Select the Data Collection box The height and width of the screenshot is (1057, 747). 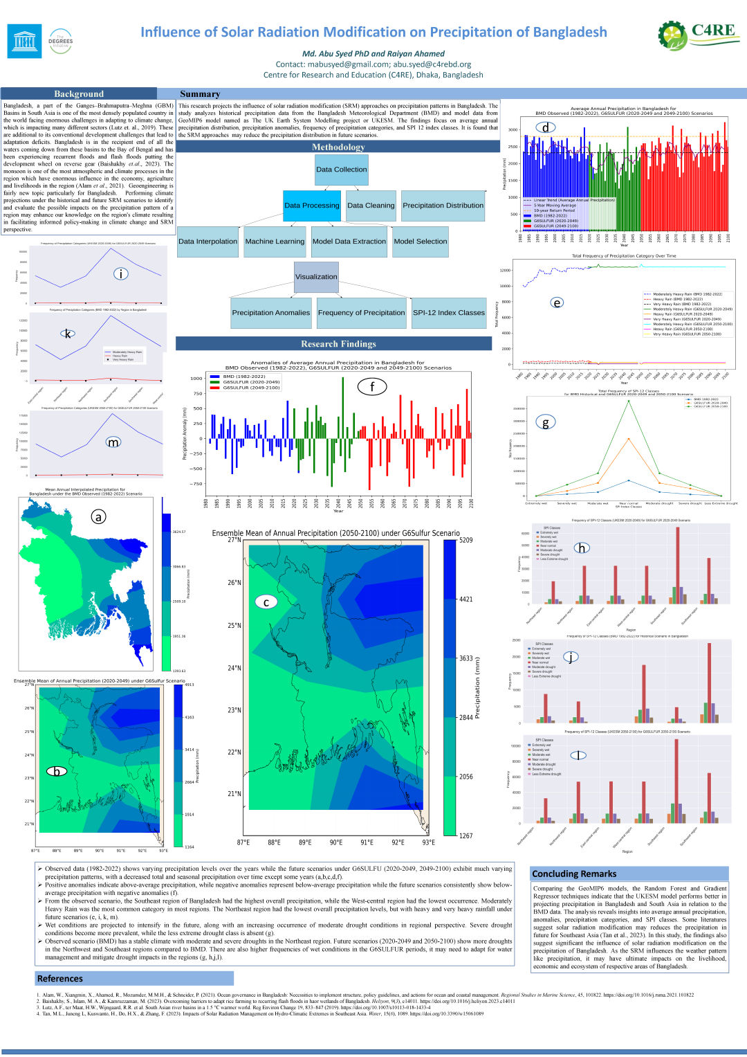(341, 170)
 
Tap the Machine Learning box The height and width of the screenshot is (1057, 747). (275, 242)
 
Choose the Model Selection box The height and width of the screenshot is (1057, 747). (420, 242)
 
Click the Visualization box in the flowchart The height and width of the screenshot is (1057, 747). (316, 277)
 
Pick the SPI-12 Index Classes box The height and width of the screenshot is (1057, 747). (449, 313)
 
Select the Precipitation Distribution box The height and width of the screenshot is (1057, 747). (443, 206)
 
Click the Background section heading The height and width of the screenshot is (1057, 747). (79, 94)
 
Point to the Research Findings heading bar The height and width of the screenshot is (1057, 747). (338, 344)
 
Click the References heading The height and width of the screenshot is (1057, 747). (60, 979)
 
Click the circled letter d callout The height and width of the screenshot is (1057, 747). (546, 127)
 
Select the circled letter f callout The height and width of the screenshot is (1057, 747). (372, 387)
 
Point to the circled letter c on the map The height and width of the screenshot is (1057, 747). (266, 602)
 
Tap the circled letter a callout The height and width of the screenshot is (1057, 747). (99, 516)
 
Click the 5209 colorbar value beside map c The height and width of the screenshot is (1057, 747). (466, 541)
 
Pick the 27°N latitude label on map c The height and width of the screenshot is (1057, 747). (234, 540)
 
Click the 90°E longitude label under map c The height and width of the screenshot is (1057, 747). (336, 842)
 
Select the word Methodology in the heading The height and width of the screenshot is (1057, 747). (338, 147)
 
